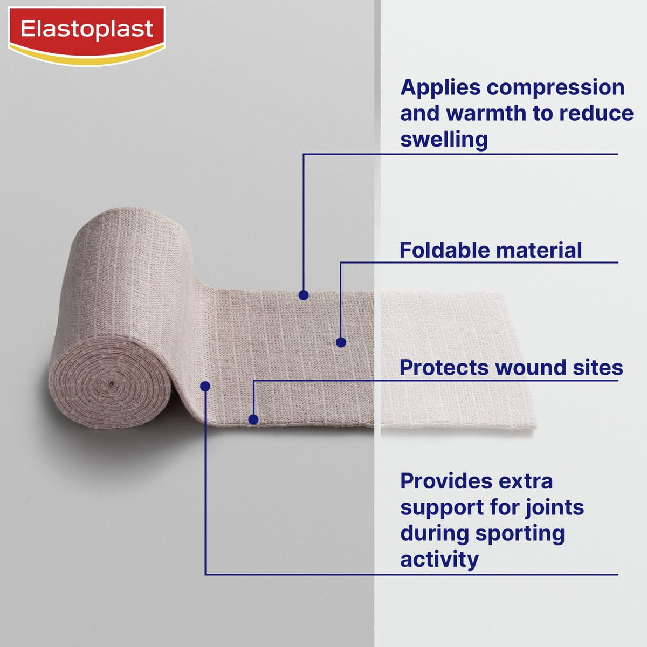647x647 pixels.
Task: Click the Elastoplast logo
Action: (x=87, y=36)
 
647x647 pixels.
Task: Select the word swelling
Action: (x=444, y=140)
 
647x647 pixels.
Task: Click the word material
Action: (x=539, y=250)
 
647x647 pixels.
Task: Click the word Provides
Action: (x=446, y=481)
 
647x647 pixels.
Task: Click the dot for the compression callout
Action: (x=304, y=295)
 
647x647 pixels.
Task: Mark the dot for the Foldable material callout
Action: (x=341, y=342)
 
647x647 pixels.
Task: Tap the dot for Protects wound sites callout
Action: (x=253, y=419)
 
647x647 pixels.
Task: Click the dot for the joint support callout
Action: (x=205, y=386)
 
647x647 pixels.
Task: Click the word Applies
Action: (x=440, y=88)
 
